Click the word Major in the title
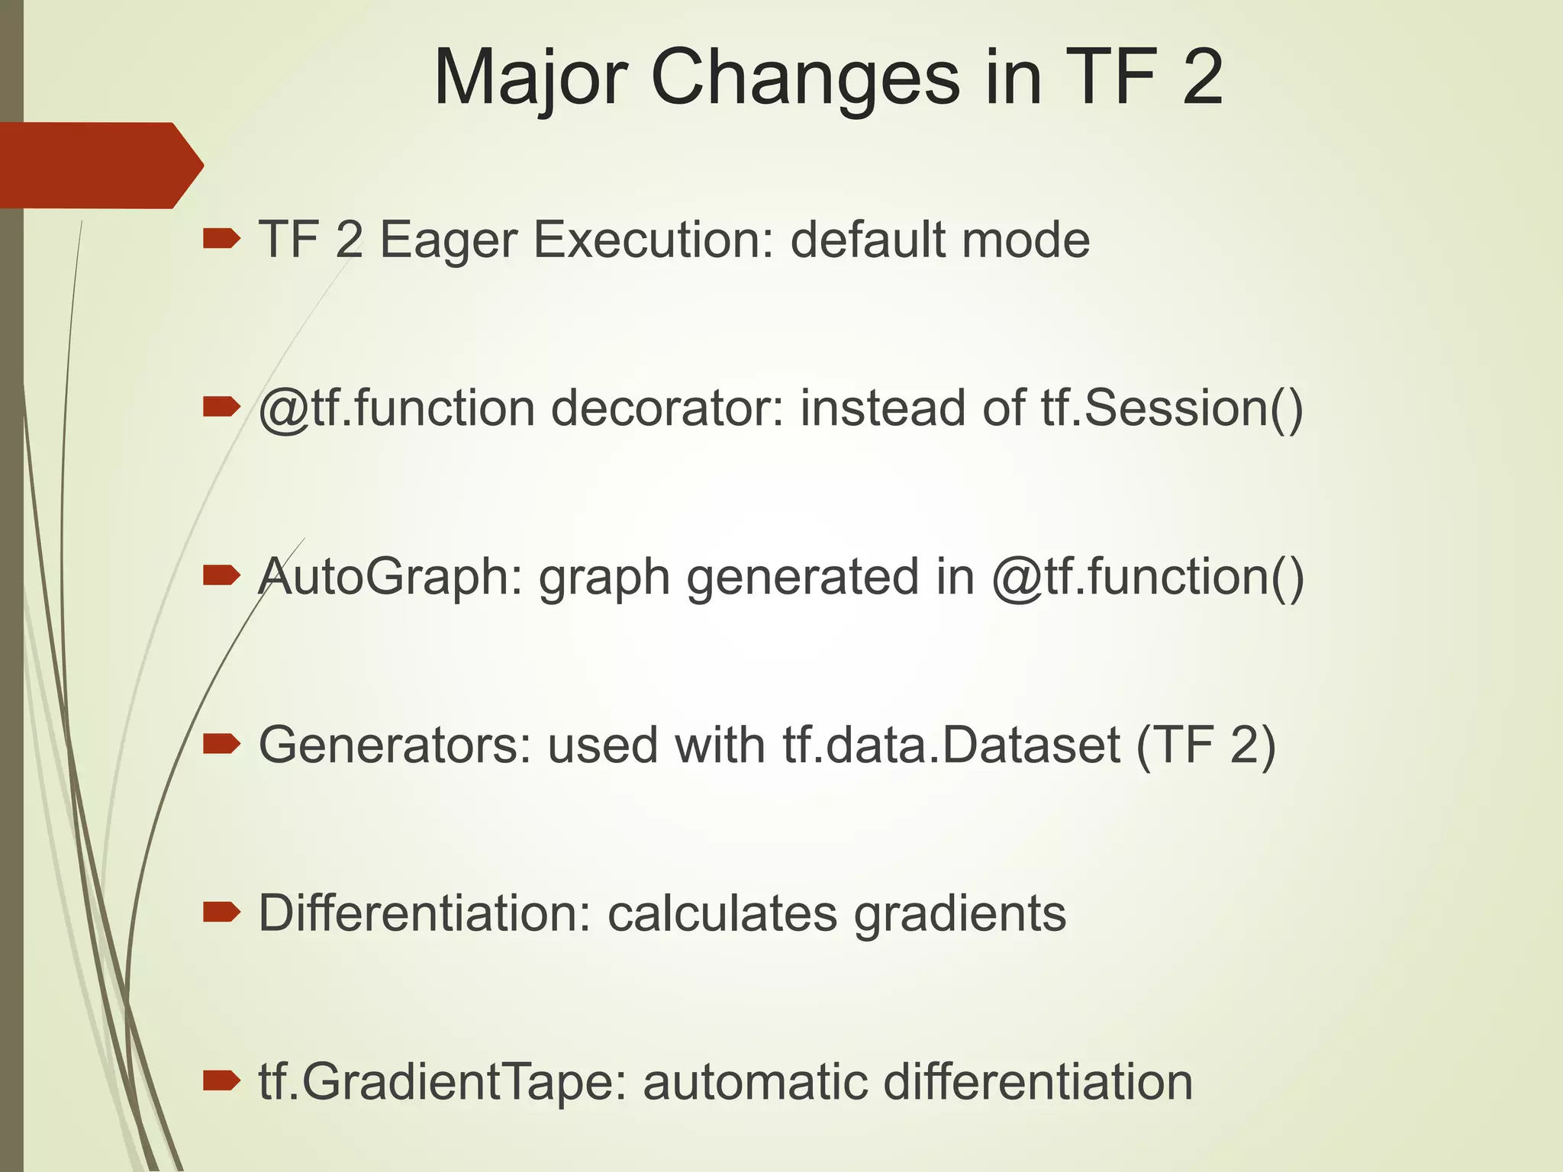click(x=530, y=79)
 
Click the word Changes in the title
click(x=804, y=79)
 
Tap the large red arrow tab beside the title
click(x=99, y=165)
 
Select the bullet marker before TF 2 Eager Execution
click(x=221, y=240)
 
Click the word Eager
click(x=448, y=240)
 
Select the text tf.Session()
click(x=1172, y=409)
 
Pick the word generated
click(x=802, y=578)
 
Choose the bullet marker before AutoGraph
click(x=221, y=576)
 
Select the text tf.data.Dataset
click(x=951, y=745)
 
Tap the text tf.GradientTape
click(x=436, y=1083)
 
